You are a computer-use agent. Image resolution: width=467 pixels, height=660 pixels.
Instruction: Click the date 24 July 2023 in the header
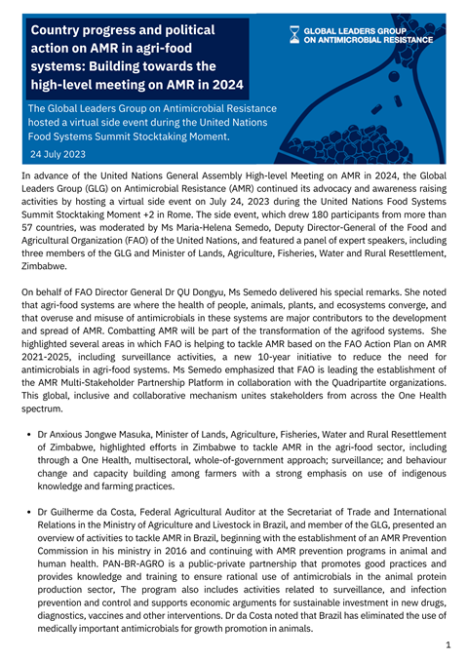(x=58, y=154)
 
